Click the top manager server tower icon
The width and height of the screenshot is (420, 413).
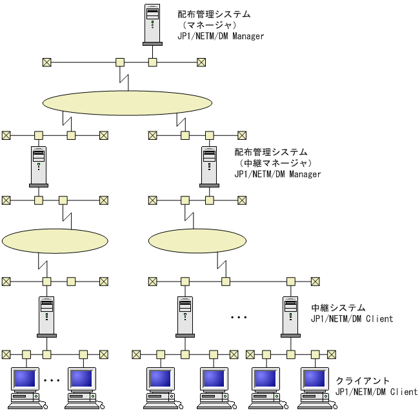(x=152, y=25)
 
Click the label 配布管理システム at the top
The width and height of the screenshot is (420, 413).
(x=213, y=14)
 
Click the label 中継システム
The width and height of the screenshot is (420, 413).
(x=338, y=308)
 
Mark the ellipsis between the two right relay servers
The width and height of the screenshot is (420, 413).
(x=239, y=318)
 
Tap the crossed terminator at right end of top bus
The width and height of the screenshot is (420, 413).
(x=201, y=62)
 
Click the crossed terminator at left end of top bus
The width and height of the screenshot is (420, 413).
(x=46, y=62)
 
